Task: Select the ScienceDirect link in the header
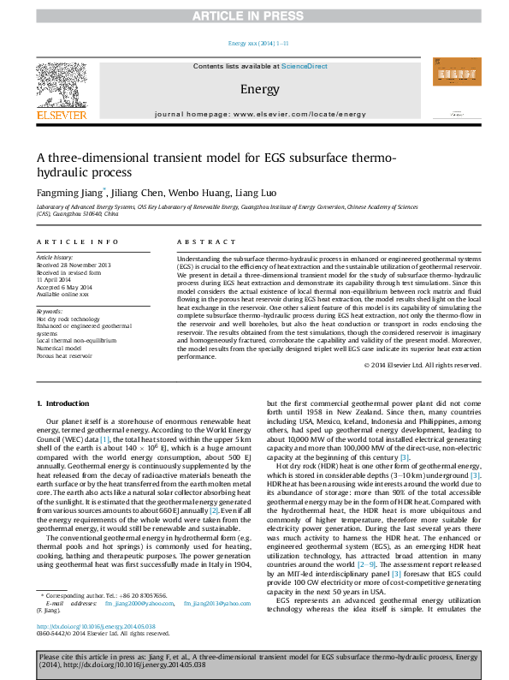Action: click(x=305, y=66)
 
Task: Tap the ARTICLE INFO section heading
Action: click(x=70, y=243)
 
